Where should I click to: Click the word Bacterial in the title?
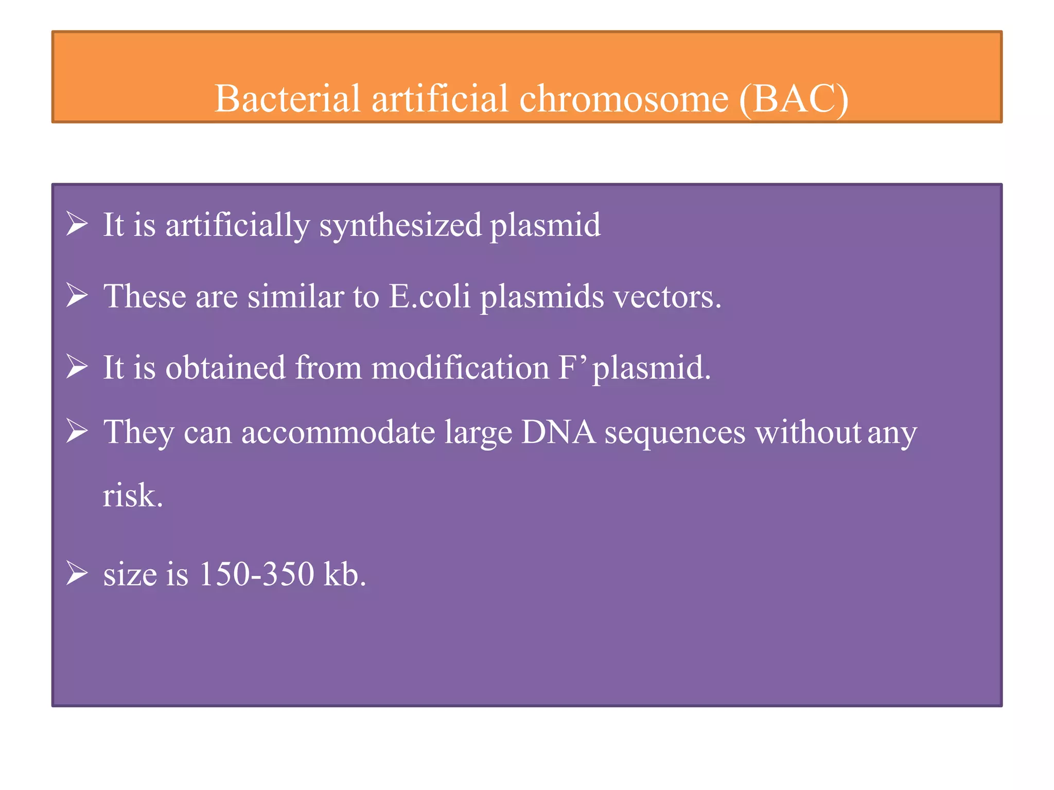click(287, 98)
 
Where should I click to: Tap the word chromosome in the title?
click(624, 98)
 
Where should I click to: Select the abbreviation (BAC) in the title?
click(794, 99)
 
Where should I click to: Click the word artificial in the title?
click(440, 98)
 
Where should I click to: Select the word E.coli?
click(430, 297)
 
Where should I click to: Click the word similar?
click(295, 297)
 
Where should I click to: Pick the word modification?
click(460, 368)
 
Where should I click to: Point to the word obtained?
click(225, 368)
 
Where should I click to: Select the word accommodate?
click(338, 432)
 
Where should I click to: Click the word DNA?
click(558, 432)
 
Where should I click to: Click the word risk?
click(132, 496)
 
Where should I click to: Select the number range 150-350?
click(256, 574)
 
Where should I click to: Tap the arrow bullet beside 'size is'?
click(77, 574)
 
